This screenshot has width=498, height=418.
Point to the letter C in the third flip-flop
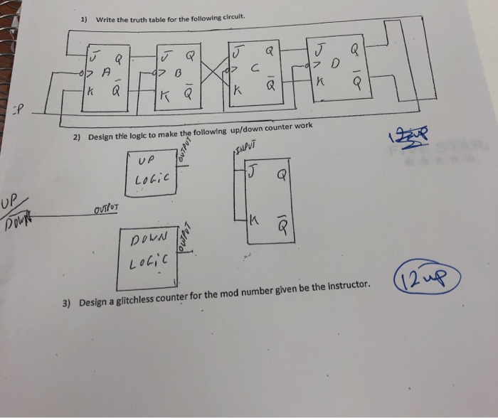[254, 68]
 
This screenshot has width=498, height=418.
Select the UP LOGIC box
[154, 168]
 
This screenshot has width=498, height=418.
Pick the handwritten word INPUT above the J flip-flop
[243, 147]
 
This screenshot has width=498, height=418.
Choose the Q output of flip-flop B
[189, 53]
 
